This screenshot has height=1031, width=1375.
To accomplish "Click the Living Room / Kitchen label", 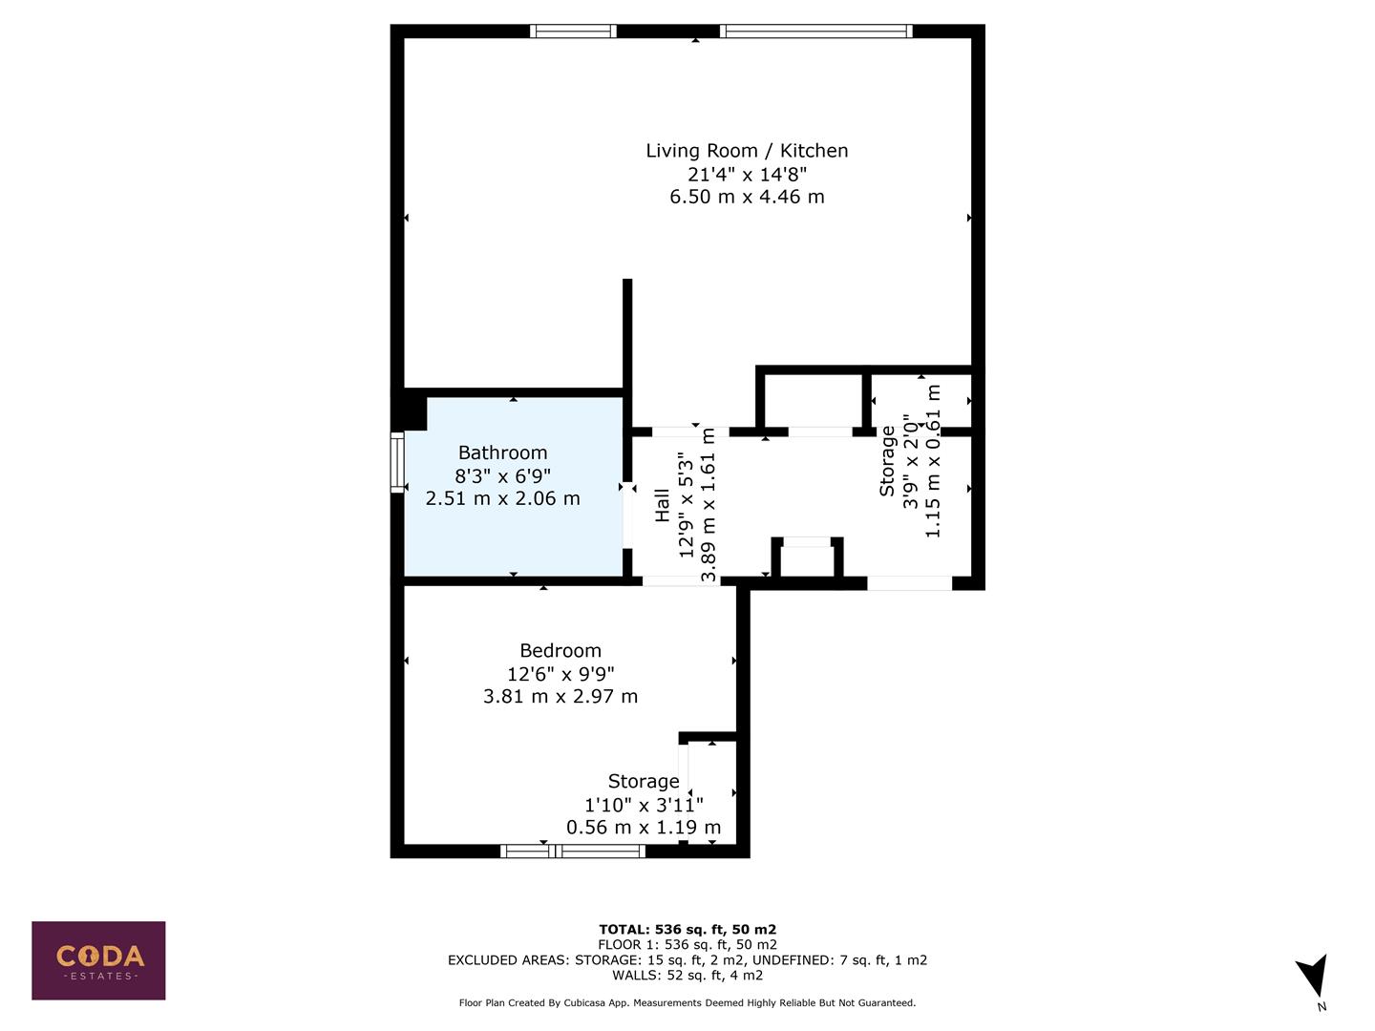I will (747, 151).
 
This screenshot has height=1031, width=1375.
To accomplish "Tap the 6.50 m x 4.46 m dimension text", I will (747, 197).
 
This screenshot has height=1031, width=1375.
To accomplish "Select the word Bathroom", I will (503, 452).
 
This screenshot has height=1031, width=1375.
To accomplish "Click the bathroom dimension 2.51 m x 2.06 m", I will (503, 498).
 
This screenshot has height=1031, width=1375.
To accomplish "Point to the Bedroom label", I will (561, 650).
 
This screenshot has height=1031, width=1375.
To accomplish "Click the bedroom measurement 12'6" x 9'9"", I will (561, 674).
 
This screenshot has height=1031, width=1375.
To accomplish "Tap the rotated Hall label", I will (663, 506).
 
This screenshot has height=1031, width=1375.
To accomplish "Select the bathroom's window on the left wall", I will (398, 463).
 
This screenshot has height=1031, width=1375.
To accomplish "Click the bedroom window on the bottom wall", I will (573, 851).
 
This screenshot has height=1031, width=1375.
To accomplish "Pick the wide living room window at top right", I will (816, 32).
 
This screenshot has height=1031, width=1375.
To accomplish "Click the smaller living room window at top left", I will (573, 32).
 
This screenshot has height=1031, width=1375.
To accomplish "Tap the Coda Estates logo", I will (98, 960).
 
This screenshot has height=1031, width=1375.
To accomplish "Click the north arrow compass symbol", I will (1313, 978).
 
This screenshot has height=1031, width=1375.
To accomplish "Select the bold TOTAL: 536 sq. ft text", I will (687, 929).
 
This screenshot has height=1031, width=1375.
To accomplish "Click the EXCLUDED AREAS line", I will (687, 960).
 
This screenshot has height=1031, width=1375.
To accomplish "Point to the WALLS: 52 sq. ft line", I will (687, 976).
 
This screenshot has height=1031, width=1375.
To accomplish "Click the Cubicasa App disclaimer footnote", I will (687, 1003).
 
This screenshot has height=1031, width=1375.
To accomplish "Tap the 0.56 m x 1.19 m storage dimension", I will (644, 828).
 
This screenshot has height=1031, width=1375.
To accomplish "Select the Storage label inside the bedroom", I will (644, 782).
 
